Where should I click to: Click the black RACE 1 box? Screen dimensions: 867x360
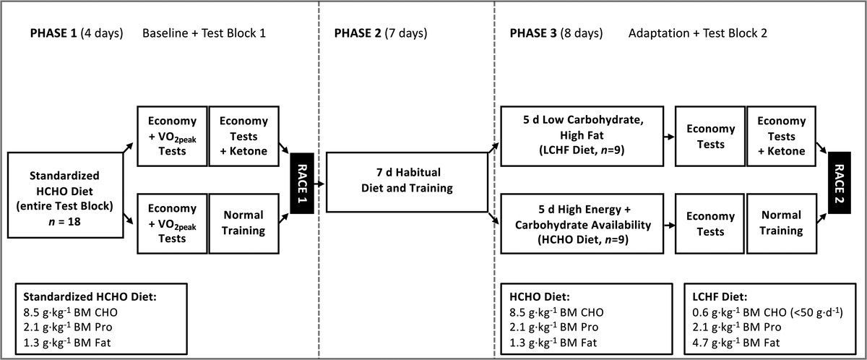pos(302,184)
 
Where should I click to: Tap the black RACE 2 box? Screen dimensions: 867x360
pos(839,183)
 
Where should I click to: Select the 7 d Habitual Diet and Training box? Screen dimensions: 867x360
pos(407,182)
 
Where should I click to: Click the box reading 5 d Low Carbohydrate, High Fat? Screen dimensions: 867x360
pos(582,136)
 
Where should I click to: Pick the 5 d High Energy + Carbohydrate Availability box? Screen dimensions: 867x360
pos(582,224)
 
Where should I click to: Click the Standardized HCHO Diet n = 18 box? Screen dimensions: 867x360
pos(66,195)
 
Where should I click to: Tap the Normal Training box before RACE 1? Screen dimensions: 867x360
pos(244,224)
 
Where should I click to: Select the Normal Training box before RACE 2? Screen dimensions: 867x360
pos(782,224)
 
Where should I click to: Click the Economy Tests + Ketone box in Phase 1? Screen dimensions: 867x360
pos(244,136)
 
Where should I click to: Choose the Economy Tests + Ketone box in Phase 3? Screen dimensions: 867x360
pos(781,136)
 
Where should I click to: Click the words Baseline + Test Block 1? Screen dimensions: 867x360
pos(204,33)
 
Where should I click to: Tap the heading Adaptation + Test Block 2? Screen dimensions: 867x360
pos(697,33)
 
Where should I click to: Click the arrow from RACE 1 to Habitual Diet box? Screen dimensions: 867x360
pos(319,184)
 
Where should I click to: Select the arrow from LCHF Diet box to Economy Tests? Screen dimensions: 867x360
pos(669,137)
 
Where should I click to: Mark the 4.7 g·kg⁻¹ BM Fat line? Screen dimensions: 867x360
pos(736,343)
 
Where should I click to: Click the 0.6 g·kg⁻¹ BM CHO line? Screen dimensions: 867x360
pos(767,312)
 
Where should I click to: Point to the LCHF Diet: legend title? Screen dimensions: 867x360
pos(720,297)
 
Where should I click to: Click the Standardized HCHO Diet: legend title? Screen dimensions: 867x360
pos(90,297)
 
